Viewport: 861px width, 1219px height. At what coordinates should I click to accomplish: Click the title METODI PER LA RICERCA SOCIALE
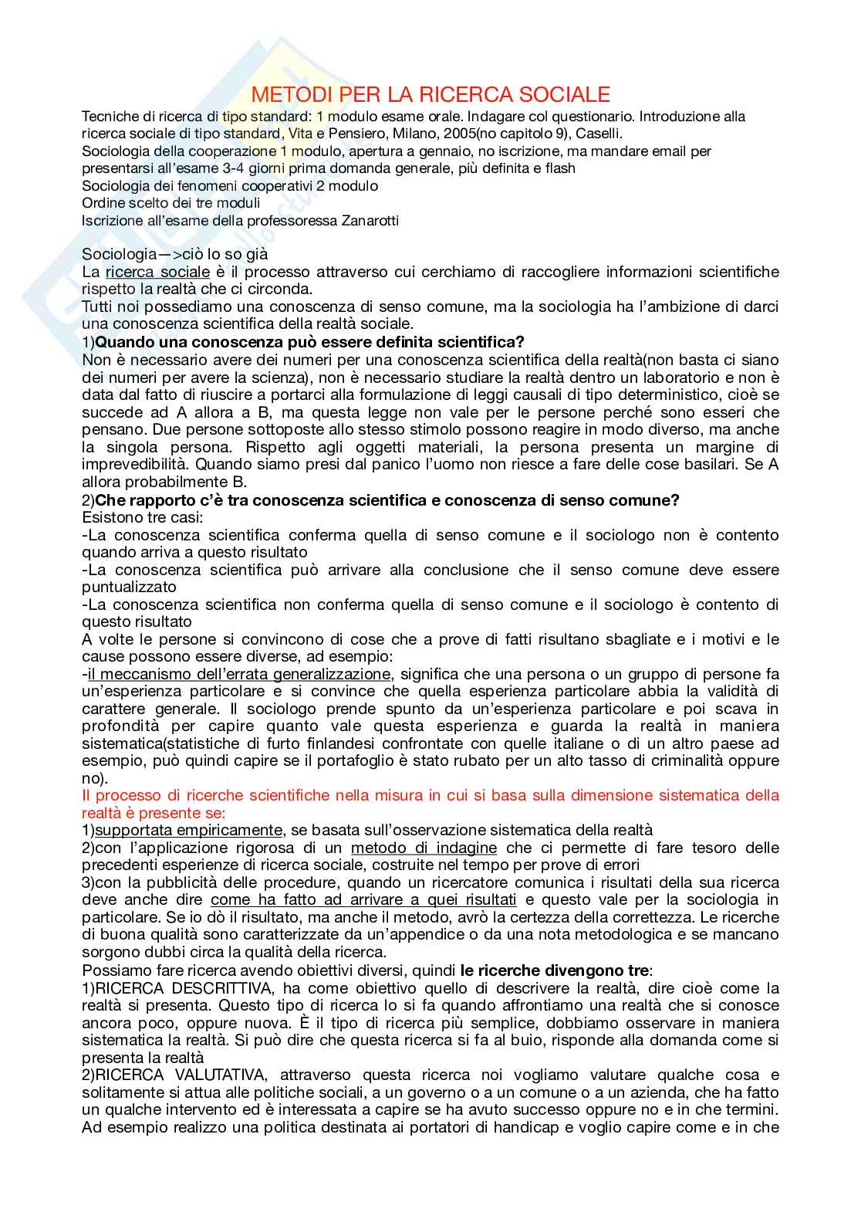pyautogui.click(x=430, y=95)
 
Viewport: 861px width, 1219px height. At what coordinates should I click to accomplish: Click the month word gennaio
pyautogui.click(x=437, y=151)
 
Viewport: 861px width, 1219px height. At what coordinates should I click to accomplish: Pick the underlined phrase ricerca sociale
pyautogui.click(x=157, y=272)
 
